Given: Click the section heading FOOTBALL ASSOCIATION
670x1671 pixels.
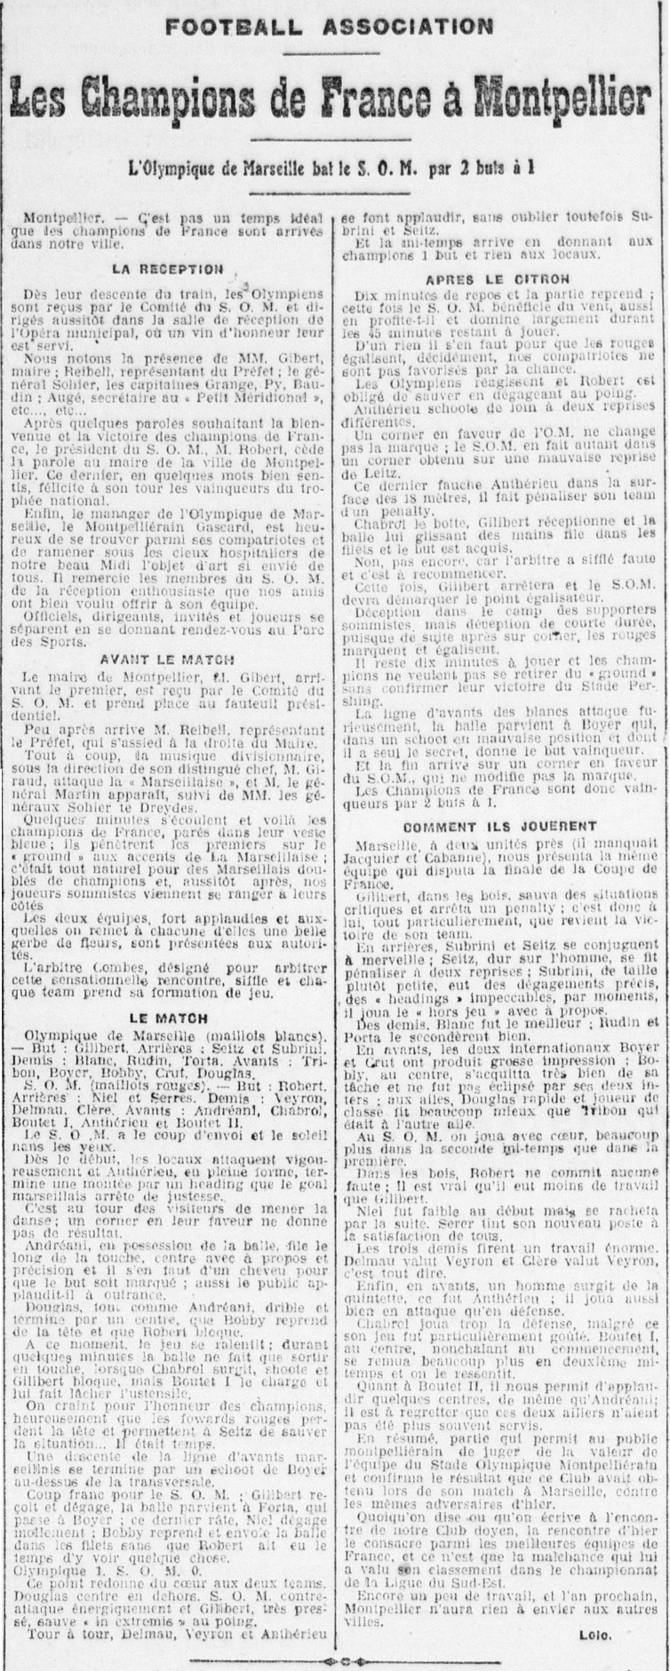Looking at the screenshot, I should pyautogui.click(x=330, y=27).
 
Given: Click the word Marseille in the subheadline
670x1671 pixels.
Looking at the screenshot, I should pyautogui.click(x=315, y=164).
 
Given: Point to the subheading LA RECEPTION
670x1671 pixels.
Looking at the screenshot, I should pyautogui.click(x=168, y=268).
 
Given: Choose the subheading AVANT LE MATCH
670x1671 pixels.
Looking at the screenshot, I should pyautogui.click(x=168, y=660).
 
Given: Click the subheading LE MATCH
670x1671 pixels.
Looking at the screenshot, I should pyautogui.click(x=168, y=1018).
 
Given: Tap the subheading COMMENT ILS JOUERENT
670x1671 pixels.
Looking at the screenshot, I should pyautogui.click(x=498, y=828).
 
